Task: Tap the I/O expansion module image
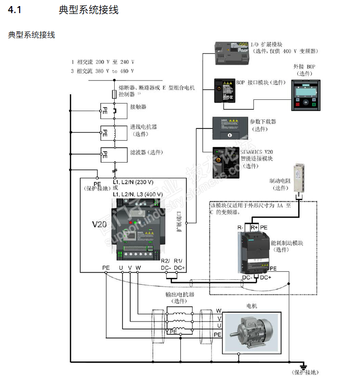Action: (x=232, y=52)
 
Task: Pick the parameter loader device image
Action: (x=229, y=128)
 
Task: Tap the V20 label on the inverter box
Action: (x=99, y=224)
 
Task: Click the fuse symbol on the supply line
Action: (x=114, y=95)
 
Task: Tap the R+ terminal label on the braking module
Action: (x=254, y=227)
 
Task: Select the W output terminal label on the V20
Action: (x=138, y=268)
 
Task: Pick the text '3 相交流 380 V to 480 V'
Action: (x=103, y=71)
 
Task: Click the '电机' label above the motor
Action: (x=251, y=306)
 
